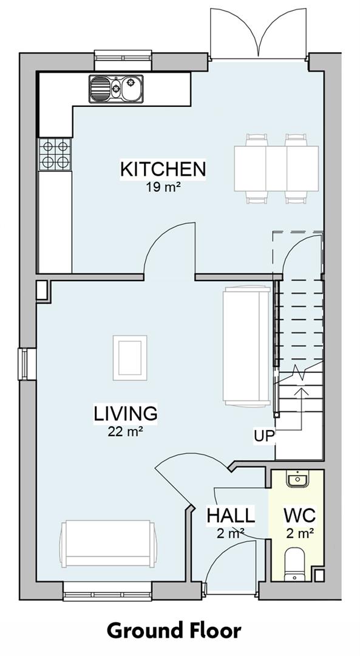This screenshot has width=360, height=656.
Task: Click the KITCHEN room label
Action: click(x=163, y=169)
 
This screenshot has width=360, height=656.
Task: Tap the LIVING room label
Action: click(x=126, y=414)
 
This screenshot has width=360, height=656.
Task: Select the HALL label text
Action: click(x=230, y=516)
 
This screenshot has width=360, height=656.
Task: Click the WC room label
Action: click(x=299, y=516)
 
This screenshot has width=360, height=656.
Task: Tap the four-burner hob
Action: click(x=55, y=154)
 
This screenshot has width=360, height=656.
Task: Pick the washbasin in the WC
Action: click(x=298, y=480)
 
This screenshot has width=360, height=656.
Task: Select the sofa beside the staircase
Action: click(x=246, y=346)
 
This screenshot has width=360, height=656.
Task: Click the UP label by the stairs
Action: click(x=265, y=435)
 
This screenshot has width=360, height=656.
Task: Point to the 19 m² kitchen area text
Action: click(x=163, y=187)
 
